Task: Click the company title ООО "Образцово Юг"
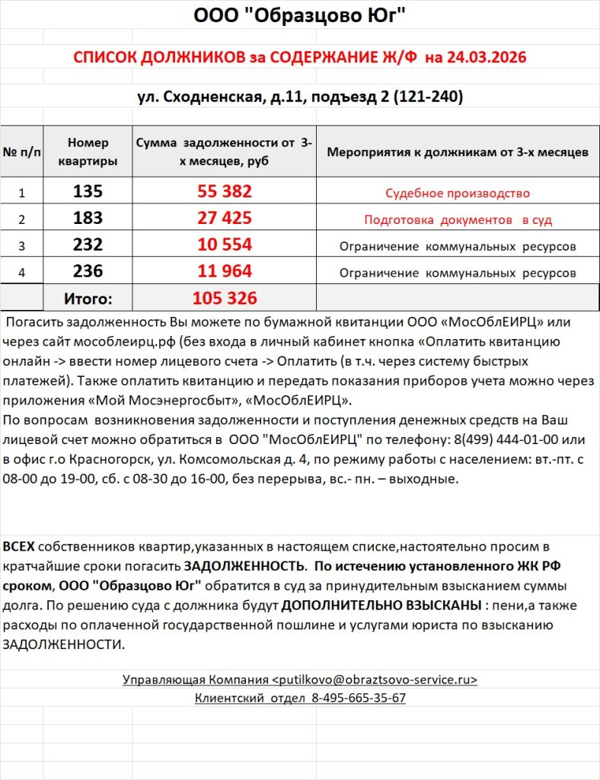pyautogui.click(x=299, y=14)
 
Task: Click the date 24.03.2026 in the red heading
pyautogui.click(x=485, y=57)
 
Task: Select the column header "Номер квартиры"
pyautogui.click(x=88, y=152)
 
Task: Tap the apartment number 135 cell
pyautogui.click(x=88, y=192)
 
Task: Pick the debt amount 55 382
pyautogui.click(x=225, y=192)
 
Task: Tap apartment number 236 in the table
pyautogui.click(x=88, y=272)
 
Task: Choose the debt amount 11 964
pyautogui.click(x=225, y=272)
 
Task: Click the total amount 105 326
pyautogui.click(x=225, y=298)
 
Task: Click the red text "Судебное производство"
pyautogui.click(x=457, y=193)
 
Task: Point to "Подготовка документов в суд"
pyautogui.click(x=457, y=220)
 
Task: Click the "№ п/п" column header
pyautogui.click(x=22, y=152)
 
